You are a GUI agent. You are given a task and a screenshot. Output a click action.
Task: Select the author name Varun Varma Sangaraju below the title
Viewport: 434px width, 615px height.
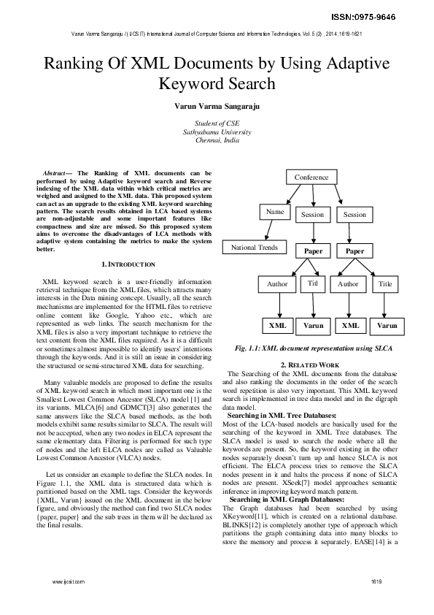point(217,106)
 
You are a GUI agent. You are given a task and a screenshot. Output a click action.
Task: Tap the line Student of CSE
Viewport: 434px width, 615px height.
point(217,124)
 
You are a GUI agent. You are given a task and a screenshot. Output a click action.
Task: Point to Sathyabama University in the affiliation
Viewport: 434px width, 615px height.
point(217,132)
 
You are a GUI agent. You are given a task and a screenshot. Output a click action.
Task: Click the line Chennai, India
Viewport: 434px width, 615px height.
point(217,140)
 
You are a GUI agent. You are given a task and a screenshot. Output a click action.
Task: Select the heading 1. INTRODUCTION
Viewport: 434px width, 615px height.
point(128,264)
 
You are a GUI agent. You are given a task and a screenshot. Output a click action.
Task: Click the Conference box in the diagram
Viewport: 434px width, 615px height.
point(311,177)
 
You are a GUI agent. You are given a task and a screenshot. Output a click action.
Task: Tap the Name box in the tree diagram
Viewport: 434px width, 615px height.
point(274,212)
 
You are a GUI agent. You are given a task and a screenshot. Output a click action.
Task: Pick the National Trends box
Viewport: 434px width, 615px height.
point(255,248)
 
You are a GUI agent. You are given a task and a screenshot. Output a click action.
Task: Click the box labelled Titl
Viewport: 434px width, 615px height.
point(312,283)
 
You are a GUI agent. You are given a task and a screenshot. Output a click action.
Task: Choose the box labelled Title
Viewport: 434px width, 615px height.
point(385,284)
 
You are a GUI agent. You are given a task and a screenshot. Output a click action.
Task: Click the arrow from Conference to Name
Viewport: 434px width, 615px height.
point(289,195)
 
